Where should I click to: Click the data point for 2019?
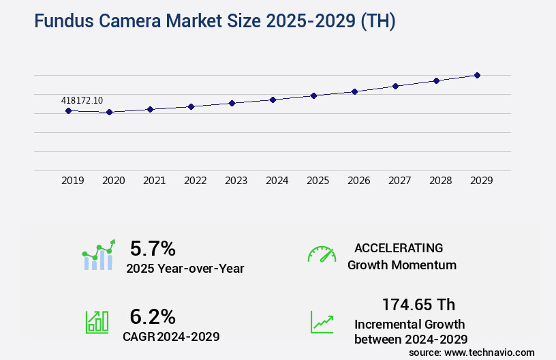click(x=68, y=110)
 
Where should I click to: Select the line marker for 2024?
click(x=273, y=100)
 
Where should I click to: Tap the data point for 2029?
click(x=477, y=75)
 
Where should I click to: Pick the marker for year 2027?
click(x=395, y=86)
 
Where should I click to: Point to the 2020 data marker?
click(x=109, y=112)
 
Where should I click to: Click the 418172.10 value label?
click(x=82, y=100)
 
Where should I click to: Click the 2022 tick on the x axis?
click(x=195, y=181)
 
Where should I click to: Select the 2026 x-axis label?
click(x=358, y=181)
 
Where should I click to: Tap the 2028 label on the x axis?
click(x=440, y=181)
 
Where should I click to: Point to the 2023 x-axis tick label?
click(x=236, y=181)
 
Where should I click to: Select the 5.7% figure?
click(x=153, y=249)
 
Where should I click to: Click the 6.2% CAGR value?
click(x=153, y=316)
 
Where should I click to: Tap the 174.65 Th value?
click(x=418, y=304)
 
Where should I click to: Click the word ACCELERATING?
click(x=399, y=248)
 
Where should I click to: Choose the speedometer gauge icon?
click(x=322, y=254)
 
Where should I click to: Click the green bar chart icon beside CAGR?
click(x=97, y=322)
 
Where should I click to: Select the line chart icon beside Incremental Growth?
click(x=322, y=322)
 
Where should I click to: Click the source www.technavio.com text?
click(x=472, y=352)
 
